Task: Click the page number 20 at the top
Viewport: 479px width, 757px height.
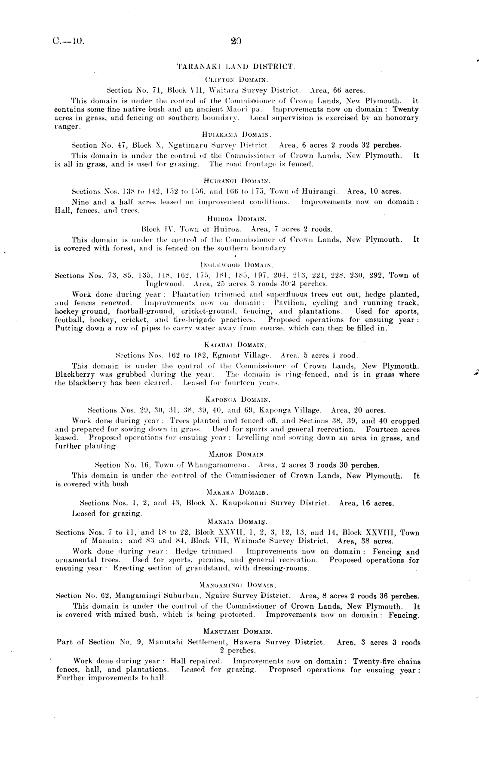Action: point(236,41)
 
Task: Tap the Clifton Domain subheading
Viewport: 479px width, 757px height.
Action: point(237,79)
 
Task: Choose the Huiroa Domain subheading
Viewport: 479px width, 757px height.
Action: point(237,218)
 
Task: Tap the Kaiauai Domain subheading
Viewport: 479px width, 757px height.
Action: point(236,345)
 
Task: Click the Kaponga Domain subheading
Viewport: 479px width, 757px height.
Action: point(237,399)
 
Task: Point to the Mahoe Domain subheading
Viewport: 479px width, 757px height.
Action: point(237,454)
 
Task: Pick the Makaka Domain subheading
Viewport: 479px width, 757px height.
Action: point(237,492)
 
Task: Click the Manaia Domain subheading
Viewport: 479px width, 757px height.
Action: point(237,521)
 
